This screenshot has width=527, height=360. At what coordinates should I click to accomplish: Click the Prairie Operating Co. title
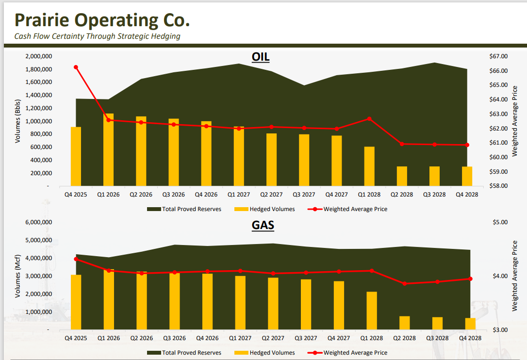(102, 20)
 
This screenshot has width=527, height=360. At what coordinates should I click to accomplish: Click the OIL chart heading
(261, 57)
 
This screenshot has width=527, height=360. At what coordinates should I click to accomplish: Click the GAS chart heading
(263, 225)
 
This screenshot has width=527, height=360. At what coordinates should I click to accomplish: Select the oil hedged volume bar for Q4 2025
(76, 156)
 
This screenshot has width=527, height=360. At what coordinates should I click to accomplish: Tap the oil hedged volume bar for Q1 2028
(369, 166)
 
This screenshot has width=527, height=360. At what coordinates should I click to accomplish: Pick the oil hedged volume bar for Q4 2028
(467, 176)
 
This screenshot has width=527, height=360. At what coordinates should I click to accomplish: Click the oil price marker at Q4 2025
(76, 67)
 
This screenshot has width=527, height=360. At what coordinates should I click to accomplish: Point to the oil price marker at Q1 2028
(369, 119)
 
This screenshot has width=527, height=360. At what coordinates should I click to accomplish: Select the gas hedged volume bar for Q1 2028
(372, 311)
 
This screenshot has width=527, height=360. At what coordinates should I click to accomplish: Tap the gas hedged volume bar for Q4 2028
(470, 324)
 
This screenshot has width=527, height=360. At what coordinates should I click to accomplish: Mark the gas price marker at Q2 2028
(404, 283)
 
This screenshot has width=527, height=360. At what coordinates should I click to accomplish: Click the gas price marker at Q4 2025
(76, 259)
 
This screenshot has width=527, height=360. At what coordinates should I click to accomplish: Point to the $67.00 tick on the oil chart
(498, 56)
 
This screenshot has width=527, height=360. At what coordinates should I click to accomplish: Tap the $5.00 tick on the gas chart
(500, 222)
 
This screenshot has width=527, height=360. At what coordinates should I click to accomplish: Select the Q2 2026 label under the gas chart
(141, 338)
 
